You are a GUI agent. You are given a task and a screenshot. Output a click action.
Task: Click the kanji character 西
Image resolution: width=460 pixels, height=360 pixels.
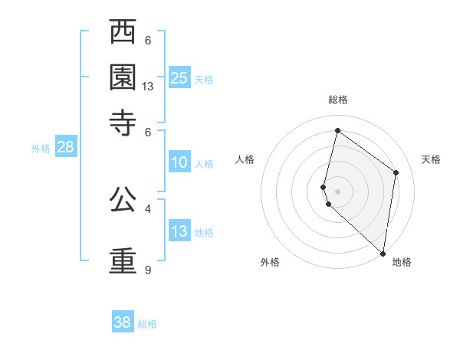(123, 33)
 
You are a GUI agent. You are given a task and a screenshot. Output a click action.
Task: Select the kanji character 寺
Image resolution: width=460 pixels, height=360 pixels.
(123, 123)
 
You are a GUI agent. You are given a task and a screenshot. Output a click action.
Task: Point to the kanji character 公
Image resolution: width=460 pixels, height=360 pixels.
(123, 199)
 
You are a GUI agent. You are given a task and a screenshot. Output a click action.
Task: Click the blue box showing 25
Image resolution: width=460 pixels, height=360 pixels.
(179, 77)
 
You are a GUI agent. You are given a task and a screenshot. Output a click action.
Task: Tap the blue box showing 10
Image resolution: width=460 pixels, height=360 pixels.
(179, 162)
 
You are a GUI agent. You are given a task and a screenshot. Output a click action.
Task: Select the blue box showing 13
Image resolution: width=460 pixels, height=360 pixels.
(179, 231)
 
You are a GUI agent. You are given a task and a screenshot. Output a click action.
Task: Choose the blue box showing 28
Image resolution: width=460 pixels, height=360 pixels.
(66, 148)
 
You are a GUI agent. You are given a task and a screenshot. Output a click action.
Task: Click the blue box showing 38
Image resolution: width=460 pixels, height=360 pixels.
(123, 322)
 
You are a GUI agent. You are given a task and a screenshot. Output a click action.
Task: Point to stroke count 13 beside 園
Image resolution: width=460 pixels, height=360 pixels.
(148, 87)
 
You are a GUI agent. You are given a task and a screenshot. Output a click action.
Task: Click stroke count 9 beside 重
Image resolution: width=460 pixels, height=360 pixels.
(147, 270)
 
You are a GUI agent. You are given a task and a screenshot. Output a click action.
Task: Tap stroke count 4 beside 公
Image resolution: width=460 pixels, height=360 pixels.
(147, 208)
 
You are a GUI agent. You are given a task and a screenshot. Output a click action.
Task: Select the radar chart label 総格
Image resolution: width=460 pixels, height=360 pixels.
(338, 100)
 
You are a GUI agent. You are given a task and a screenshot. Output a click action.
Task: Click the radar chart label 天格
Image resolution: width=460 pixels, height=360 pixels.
(431, 159)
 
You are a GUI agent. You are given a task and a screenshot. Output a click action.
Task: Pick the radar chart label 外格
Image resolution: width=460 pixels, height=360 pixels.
(270, 262)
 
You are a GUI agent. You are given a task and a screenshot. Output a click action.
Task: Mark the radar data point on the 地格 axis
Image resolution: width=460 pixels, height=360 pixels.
(383, 254)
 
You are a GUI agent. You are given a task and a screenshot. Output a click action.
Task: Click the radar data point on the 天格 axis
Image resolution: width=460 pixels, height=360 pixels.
(396, 172)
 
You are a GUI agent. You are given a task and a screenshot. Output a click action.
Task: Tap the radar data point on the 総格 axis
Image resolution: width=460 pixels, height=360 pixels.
(337, 131)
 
